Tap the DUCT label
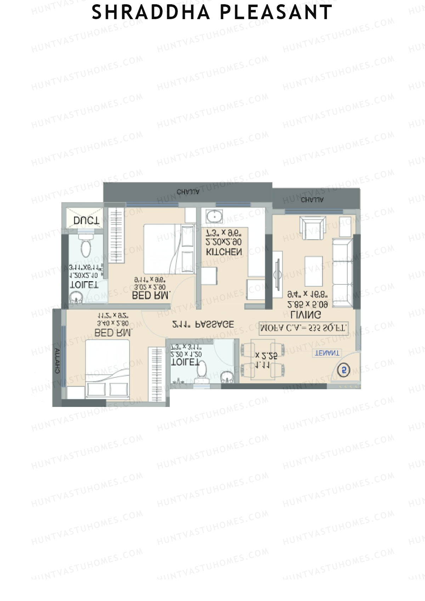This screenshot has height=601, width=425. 86,221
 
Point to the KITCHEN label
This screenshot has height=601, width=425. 224,252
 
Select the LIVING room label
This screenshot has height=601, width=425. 306,314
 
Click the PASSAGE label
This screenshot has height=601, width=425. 215,324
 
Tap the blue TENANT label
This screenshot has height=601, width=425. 327,353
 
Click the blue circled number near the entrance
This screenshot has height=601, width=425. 344,370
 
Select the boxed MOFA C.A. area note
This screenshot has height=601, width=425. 304,328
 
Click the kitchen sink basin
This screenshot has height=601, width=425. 213,216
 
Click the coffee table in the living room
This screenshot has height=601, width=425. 313,271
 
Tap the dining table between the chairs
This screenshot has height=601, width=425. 262,359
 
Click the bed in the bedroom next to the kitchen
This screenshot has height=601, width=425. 169,249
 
